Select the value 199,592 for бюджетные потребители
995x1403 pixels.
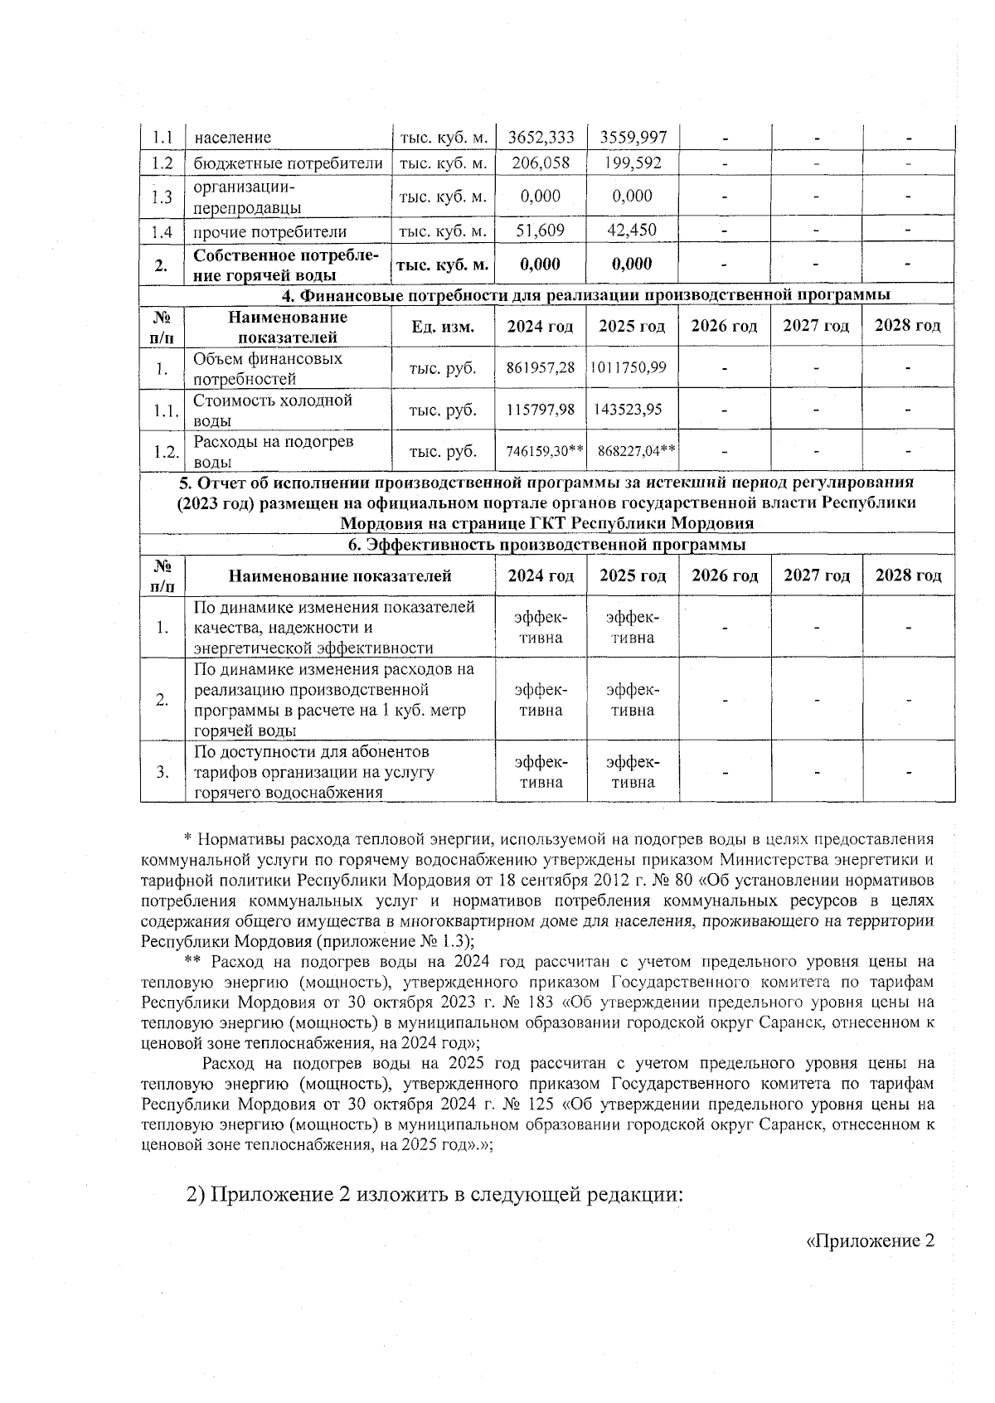(x=632, y=163)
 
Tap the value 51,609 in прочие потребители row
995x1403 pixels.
(x=541, y=231)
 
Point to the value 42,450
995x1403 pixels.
(x=632, y=231)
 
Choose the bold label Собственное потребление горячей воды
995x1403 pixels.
(x=286, y=265)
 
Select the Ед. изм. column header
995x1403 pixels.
(x=443, y=327)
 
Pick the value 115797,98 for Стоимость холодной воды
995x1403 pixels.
(x=541, y=410)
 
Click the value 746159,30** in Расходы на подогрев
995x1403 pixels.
(x=545, y=451)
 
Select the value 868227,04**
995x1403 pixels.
(x=636, y=451)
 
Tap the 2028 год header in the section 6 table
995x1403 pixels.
(x=908, y=575)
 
